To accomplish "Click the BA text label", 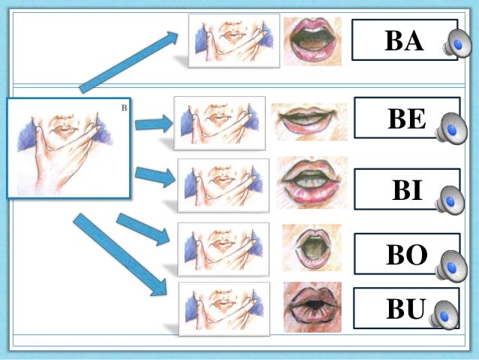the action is [x=403, y=41].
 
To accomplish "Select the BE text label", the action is [x=406, y=119].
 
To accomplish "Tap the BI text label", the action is [x=407, y=190].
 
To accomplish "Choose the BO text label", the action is [x=406, y=256].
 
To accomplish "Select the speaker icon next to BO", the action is [x=453, y=265].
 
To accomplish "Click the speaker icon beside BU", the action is [x=445, y=314].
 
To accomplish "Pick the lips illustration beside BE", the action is [x=309, y=121].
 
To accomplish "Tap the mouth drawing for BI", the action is [x=311, y=183].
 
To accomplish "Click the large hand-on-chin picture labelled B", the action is [x=69, y=147].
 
